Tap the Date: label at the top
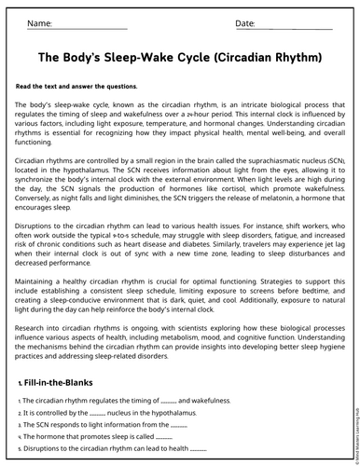244,21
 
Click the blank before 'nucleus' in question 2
97,412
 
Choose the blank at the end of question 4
164,436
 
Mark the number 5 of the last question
19,448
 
